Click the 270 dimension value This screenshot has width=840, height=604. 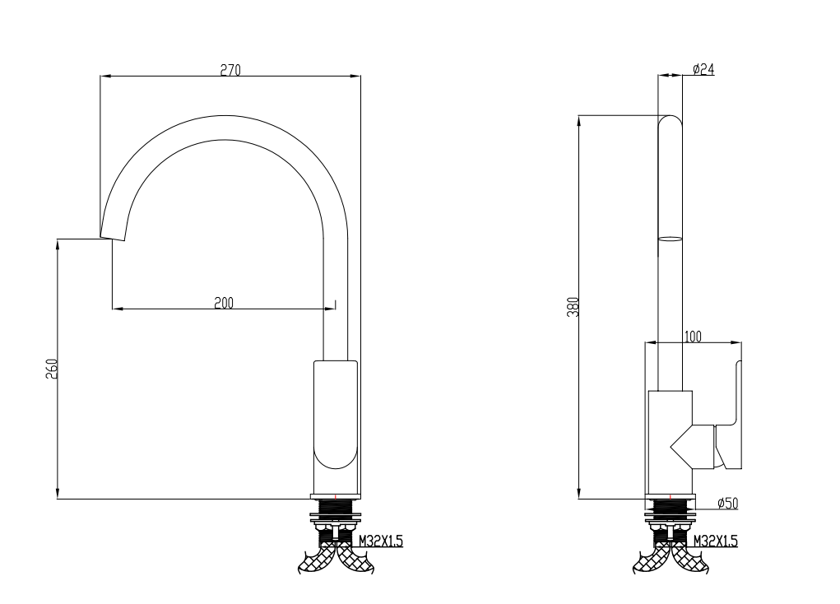(230, 70)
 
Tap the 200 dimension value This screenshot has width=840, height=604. (224, 303)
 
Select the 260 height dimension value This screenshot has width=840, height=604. (51, 369)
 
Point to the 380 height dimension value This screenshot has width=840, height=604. (573, 307)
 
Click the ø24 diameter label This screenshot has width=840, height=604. (703, 69)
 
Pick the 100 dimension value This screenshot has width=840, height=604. (693, 337)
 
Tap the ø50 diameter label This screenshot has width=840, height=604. (727, 504)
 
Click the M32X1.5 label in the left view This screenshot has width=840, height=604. (380, 541)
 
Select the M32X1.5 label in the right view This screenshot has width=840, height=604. (715, 541)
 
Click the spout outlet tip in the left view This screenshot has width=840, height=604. (113, 238)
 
